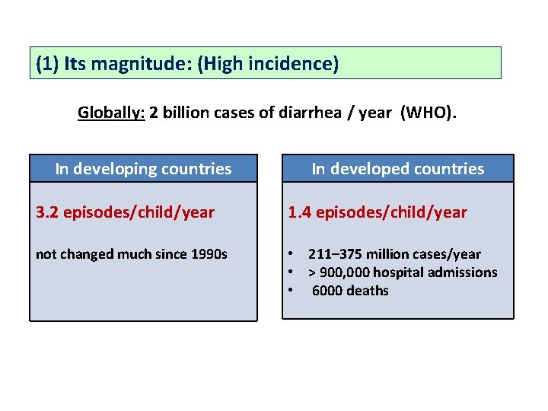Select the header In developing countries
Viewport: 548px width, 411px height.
(143, 169)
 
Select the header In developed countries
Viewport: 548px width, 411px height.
(397, 169)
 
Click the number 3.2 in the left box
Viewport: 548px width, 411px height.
(47, 212)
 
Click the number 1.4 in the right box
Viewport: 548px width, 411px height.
(299, 212)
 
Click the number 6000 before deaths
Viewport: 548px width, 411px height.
(329, 291)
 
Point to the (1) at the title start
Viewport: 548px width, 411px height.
(47, 63)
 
